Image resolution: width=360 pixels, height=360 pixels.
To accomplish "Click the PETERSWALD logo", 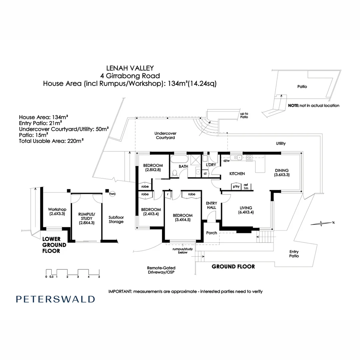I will [55, 299].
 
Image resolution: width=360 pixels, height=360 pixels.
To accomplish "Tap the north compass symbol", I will [321, 223].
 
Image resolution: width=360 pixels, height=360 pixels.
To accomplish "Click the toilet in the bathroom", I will [175, 173].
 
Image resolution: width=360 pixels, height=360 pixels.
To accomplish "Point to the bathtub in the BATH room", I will [179, 159].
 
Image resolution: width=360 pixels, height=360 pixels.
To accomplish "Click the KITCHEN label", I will [237, 174].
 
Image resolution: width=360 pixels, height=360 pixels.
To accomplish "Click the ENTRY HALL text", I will [211, 205].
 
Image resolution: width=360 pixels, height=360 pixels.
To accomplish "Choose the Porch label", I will [211, 233].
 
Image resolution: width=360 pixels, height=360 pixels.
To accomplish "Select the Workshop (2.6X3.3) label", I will [56, 212].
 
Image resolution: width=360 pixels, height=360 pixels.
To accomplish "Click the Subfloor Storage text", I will [116, 219].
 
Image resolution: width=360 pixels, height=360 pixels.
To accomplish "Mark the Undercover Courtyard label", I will [165, 135].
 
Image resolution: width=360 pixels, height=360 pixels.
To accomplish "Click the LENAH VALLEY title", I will [130, 68].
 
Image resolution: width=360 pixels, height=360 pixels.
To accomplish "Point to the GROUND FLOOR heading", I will [233, 266].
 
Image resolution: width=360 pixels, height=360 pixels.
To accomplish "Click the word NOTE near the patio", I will [293, 105].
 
